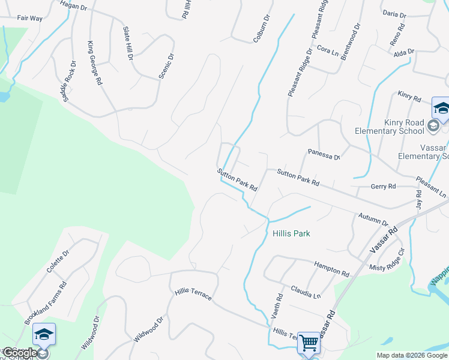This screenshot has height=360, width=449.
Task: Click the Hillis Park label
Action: coord(291,233)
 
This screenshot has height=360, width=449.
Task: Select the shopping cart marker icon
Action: coord(309,343)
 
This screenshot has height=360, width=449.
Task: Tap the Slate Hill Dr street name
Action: coord(128,43)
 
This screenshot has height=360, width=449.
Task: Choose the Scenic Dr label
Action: coord(166,66)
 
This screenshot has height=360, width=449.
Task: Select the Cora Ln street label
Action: coord(328,49)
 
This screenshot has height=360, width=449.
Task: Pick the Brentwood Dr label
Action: coord(351,43)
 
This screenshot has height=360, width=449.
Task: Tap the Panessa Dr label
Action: coord(324,154)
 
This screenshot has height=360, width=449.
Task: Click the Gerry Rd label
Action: coord(383,187)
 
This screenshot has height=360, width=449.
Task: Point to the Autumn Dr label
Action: coord(373,219)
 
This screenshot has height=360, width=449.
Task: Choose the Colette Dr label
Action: coord(58,262)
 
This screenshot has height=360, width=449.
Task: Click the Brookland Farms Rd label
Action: coord(45,302)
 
